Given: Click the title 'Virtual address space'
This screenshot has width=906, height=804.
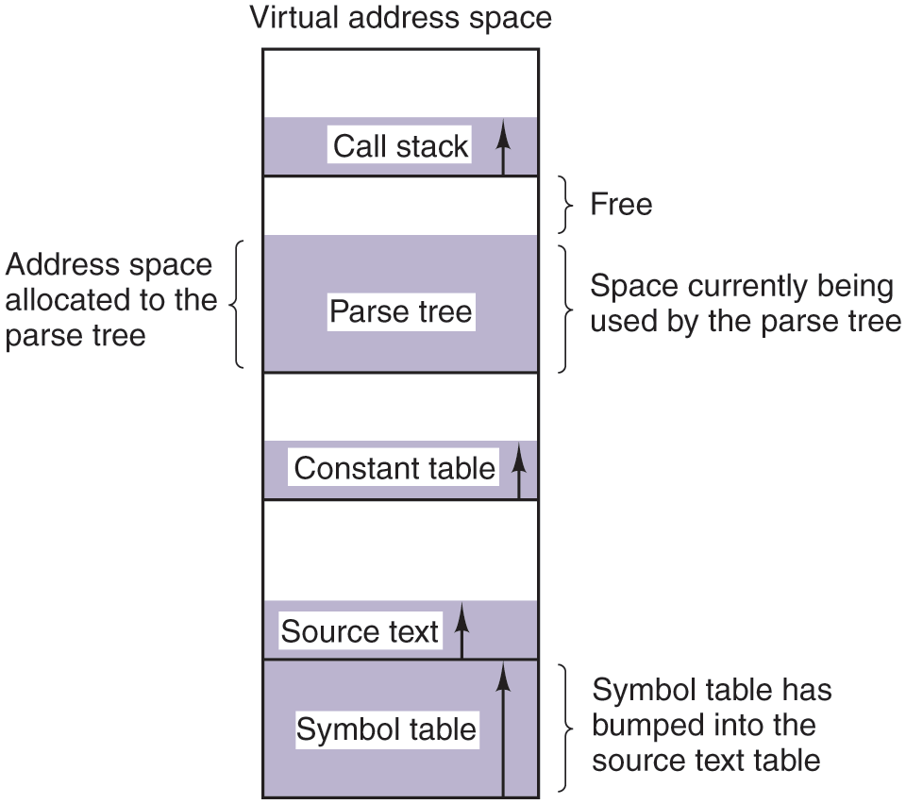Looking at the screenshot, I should tap(400, 17).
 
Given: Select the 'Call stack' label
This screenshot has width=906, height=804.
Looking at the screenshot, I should tap(400, 146).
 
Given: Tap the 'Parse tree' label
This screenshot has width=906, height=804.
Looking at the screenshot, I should tap(400, 311).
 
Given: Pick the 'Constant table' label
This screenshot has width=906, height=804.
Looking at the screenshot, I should tap(394, 468).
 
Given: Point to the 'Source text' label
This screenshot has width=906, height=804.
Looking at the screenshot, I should tap(360, 631).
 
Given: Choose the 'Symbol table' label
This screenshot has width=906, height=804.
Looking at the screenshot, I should tap(386, 729).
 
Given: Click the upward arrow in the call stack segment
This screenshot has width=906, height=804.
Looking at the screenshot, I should tap(503, 147).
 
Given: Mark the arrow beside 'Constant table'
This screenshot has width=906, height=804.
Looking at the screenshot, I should tap(518, 472).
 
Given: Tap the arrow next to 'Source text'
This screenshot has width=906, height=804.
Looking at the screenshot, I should tap(461, 631).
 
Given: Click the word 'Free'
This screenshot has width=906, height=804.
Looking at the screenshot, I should tap(621, 204).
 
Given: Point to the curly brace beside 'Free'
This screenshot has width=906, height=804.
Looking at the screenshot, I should tap(566, 204).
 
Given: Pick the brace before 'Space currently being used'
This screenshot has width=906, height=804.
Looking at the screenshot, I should tap(566, 310).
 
